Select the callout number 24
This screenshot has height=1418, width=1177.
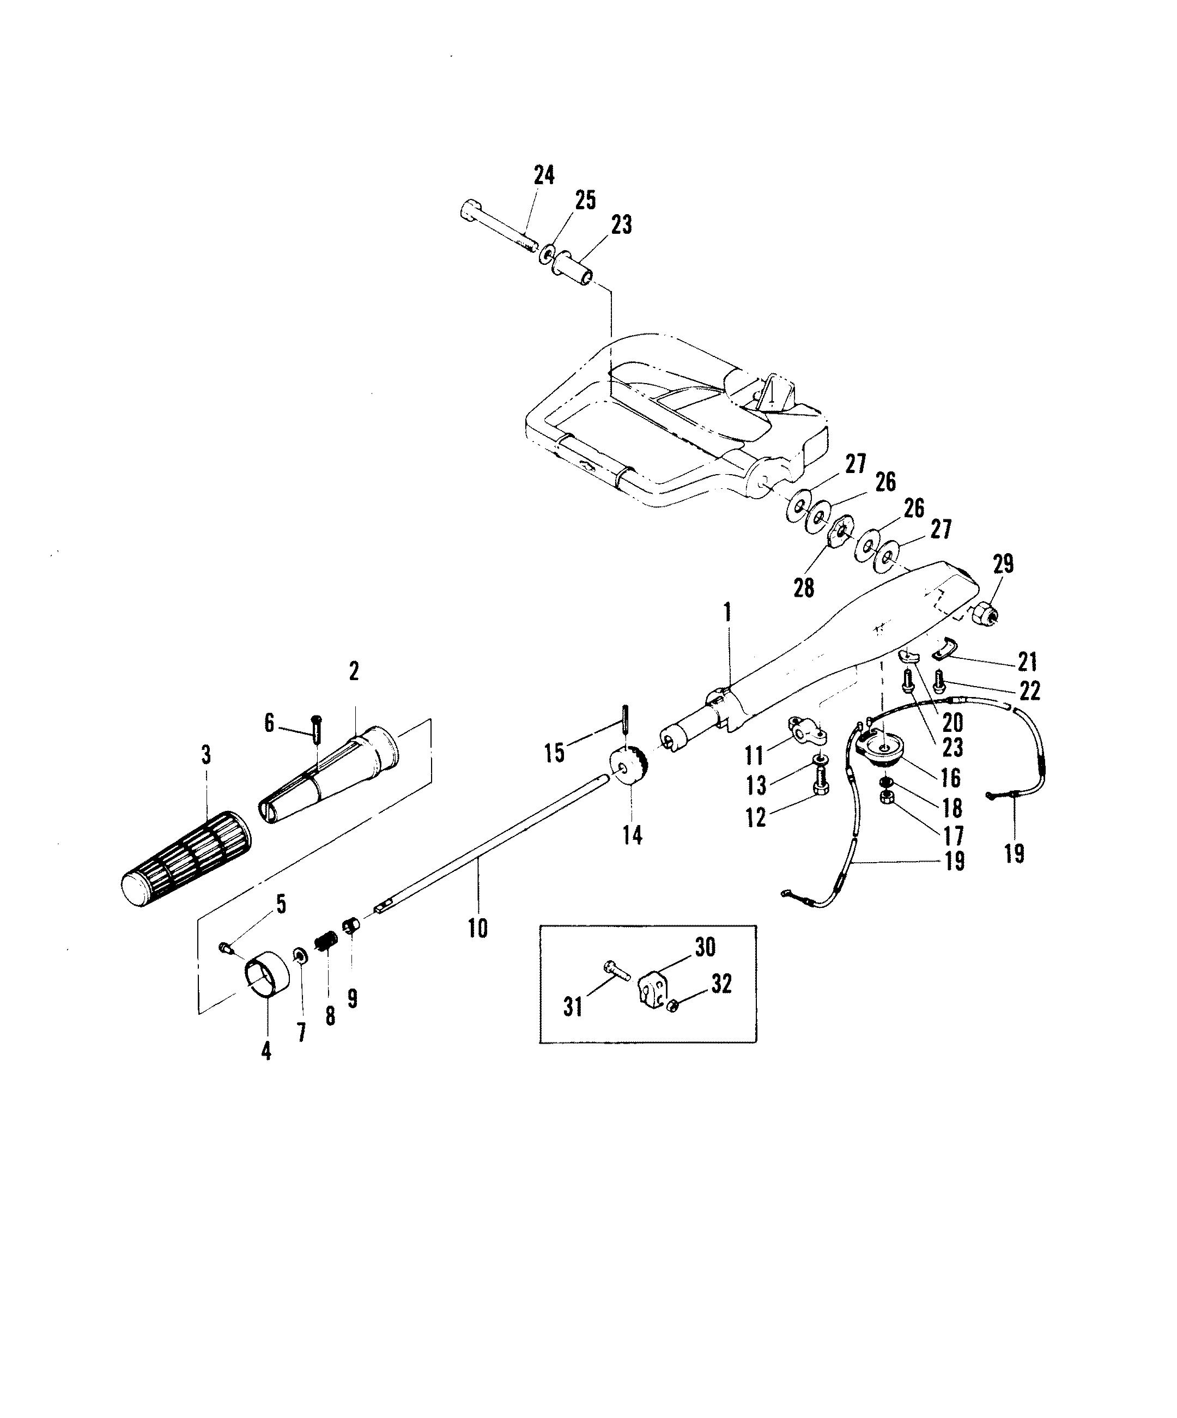point(544,175)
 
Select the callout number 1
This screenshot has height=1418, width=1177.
point(727,613)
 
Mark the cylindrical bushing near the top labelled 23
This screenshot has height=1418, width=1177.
point(575,268)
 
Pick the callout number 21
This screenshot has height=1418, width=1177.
point(1027,662)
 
